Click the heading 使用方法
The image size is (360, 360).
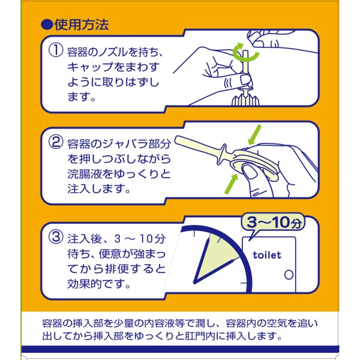(x=82, y=25)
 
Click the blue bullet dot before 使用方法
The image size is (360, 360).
(x=47, y=25)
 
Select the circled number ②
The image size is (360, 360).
(x=56, y=142)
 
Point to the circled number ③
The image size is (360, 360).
(x=56, y=237)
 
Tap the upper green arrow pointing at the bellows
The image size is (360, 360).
(x=255, y=135)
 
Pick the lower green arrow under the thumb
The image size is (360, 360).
(x=231, y=184)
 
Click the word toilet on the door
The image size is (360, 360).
(x=267, y=255)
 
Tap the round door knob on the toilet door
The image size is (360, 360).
(x=289, y=275)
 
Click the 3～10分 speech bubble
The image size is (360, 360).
(x=273, y=223)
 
